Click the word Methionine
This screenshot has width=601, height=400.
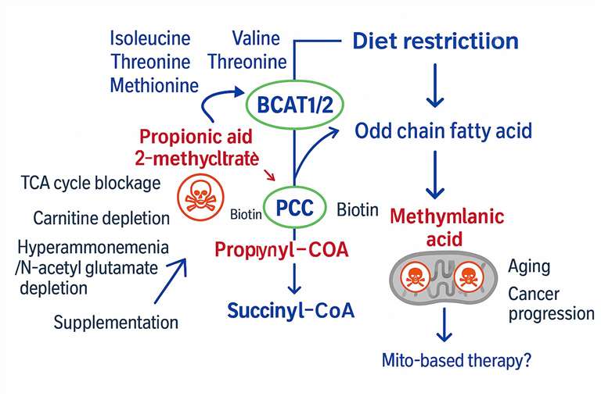154,84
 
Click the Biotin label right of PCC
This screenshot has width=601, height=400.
357,210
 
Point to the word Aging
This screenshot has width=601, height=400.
529,266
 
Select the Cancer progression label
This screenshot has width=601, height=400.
550,304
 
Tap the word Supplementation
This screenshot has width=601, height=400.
117,321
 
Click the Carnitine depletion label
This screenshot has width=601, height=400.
102,216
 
